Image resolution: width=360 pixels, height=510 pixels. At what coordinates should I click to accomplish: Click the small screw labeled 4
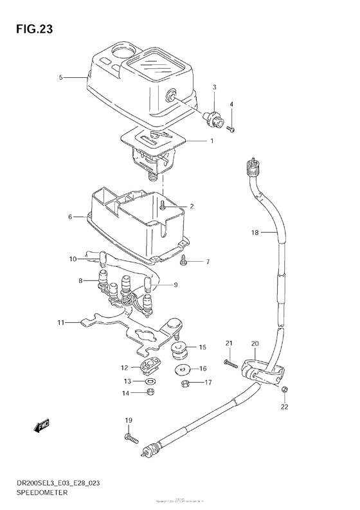pos(232,129)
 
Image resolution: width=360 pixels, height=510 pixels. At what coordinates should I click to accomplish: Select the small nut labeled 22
pos(285,390)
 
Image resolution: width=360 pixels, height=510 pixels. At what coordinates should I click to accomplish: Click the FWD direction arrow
pos(42,426)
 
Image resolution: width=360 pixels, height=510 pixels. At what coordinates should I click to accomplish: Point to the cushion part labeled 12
pos(149,367)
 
